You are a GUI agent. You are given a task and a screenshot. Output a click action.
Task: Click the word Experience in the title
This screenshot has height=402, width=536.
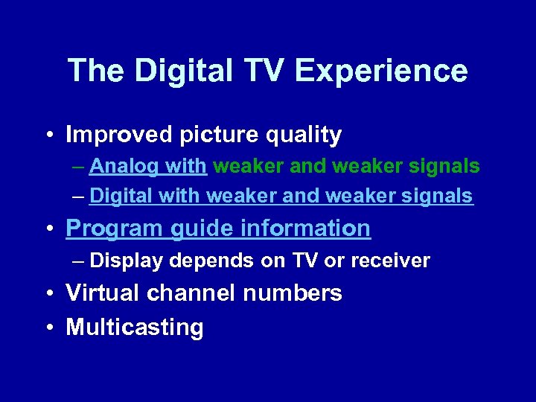coord(381,71)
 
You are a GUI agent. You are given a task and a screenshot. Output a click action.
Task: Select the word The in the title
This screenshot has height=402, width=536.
coord(95,71)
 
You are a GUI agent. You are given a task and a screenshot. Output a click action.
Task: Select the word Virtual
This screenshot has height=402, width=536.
coord(103,293)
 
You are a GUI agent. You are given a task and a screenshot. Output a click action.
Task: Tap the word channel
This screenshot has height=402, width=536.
coord(191,293)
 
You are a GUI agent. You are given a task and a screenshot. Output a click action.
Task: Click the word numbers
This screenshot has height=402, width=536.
coord(293,293)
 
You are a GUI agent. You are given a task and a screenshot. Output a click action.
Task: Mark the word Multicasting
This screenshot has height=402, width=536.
coord(134,328)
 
